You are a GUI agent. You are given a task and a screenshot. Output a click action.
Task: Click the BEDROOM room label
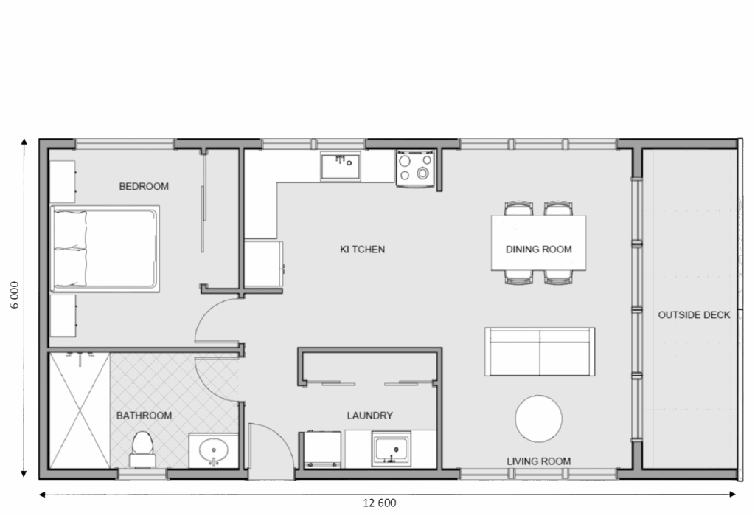144,186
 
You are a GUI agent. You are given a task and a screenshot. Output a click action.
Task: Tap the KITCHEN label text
363,250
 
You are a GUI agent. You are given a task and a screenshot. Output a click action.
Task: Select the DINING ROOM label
539,250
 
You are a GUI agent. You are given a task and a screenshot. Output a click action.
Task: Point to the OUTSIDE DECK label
694,315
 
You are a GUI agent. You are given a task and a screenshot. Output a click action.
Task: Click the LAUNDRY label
370,415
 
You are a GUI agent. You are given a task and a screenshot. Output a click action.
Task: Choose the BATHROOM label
144,415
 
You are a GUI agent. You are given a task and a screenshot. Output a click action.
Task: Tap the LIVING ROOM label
539,461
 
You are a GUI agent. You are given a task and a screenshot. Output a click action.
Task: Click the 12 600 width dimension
380,503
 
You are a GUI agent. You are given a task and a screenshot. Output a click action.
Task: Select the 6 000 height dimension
15,295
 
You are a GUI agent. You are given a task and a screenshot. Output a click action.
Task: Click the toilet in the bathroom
142,449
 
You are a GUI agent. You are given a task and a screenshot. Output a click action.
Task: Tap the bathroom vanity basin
213,450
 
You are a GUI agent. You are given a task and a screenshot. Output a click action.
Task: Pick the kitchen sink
341,166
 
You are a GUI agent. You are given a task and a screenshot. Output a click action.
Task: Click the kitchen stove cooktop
415,168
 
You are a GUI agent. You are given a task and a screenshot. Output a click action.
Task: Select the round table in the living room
538,419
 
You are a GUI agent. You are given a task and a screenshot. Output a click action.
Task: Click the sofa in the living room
540,351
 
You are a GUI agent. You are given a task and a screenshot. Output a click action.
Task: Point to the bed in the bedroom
105,249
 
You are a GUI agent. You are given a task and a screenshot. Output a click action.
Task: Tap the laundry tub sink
392,449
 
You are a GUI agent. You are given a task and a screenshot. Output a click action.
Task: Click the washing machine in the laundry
322,450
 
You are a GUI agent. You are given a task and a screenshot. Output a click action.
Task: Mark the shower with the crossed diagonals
80,410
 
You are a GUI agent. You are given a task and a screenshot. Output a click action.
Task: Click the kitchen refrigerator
263,264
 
